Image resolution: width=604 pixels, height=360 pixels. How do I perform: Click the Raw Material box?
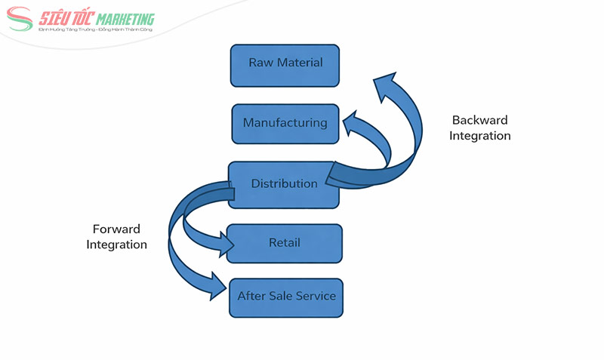click(285, 65)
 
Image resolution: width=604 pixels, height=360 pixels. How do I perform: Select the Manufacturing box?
click(285, 123)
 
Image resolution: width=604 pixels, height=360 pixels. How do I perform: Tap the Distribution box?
click(284, 184)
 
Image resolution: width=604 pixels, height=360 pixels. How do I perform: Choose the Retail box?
click(285, 243)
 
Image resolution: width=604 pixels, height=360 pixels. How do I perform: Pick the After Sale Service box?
click(286, 297)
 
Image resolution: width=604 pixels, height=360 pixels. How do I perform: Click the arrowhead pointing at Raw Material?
click(387, 82)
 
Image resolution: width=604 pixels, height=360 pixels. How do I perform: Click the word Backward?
click(479, 120)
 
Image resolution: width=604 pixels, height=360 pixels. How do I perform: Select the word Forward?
click(116, 229)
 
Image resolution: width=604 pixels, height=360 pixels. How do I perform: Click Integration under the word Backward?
click(479, 136)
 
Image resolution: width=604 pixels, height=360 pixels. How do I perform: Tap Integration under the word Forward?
click(116, 245)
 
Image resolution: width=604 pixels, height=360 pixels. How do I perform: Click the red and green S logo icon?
click(21, 20)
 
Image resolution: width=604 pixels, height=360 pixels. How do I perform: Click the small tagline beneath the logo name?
click(95, 30)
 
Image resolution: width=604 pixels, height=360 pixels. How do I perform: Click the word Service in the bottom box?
click(317, 296)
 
